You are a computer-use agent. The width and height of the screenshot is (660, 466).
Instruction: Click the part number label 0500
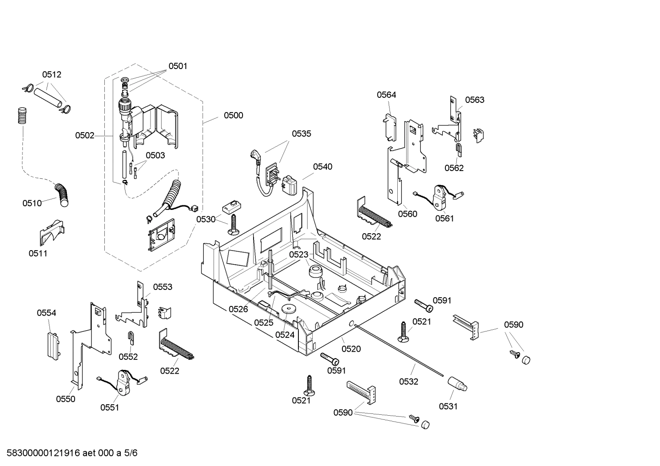pos(233,115)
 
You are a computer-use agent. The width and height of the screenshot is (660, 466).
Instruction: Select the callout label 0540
pos(323,166)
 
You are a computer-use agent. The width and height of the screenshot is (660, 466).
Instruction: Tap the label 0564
pos(386,95)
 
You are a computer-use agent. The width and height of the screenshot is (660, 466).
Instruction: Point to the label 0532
pos(408,381)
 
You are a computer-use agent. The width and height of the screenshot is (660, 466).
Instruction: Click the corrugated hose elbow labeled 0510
pos(61,193)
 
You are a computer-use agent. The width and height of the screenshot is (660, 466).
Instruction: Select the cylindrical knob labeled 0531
pos(457,383)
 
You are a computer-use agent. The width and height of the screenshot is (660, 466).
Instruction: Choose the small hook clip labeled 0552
pos(130,338)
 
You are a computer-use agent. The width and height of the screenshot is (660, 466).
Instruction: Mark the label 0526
pos(238,309)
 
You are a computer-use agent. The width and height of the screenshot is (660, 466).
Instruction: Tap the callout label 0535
pos(301,134)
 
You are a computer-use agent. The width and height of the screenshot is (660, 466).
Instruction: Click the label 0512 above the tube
pos(52,75)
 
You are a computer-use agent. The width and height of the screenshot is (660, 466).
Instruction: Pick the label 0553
pos(162,287)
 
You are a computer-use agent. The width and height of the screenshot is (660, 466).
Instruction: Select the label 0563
pos(474,100)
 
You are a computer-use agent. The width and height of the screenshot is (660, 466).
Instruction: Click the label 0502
pos(85,135)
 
